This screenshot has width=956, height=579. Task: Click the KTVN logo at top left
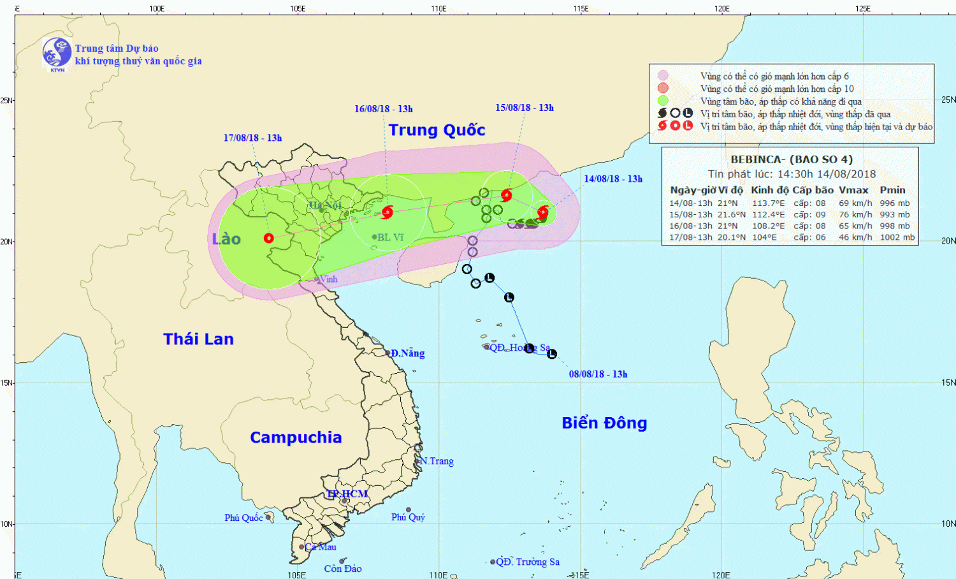pos(57,53)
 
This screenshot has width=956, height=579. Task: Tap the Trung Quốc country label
pos(437,130)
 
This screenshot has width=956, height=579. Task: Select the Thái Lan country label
pos(198,339)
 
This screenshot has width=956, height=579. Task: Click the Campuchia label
pos(296,437)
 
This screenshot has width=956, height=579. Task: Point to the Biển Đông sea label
pos(604,423)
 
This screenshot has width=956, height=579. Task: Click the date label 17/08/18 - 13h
pos(252,138)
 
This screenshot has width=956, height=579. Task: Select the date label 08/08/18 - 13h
pos(598,374)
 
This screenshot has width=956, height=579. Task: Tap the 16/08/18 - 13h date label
pos(384,109)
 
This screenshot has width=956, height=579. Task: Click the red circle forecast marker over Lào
pos(268,238)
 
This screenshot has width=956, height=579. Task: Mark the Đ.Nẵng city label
pos(407,353)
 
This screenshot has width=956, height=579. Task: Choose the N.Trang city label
pos(437,461)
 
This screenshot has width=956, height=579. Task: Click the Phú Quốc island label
pos(243,518)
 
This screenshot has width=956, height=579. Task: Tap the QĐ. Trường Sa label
pos(528,562)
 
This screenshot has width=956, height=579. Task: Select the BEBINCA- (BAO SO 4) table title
pos(791,159)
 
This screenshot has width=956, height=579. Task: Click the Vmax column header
pos(853,190)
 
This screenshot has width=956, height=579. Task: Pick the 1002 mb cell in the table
pos(897,237)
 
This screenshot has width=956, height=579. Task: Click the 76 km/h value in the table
pos(855,215)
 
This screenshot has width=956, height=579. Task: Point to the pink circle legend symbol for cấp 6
pos(663,76)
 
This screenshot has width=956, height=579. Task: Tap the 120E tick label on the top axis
pos(721,8)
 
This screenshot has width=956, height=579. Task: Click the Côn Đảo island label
pos(343,569)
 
